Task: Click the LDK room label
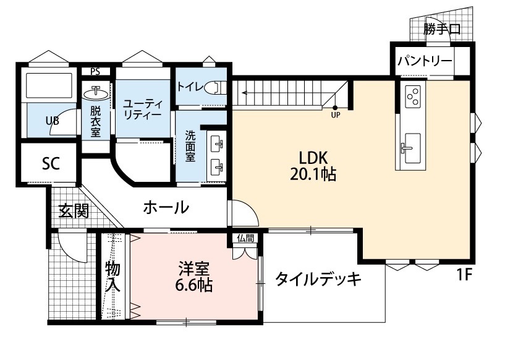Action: pyautogui.click(x=313, y=157)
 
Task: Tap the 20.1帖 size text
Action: pyautogui.click(x=313, y=175)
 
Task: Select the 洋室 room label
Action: pyautogui.click(x=194, y=269)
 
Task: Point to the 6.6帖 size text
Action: pyautogui.click(x=194, y=286)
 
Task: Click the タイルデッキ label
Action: pyautogui.click(x=318, y=280)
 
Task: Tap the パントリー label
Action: pyautogui.click(x=425, y=61)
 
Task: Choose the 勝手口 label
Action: pyautogui.click(x=442, y=28)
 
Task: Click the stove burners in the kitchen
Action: pyautogui.click(x=412, y=96)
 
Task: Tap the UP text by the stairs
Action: pyautogui.click(x=335, y=114)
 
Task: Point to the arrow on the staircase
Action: pyautogui.click(x=246, y=94)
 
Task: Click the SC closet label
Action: pyautogui.click(x=51, y=164)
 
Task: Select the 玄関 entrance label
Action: pyautogui.click(x=74, y=212)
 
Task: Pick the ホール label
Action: pyautogui.click(x=166, y=208)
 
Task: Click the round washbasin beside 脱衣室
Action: pyautogui.click(x=96, y=93)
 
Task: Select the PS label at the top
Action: pyautogui.click(x=95, y=71)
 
